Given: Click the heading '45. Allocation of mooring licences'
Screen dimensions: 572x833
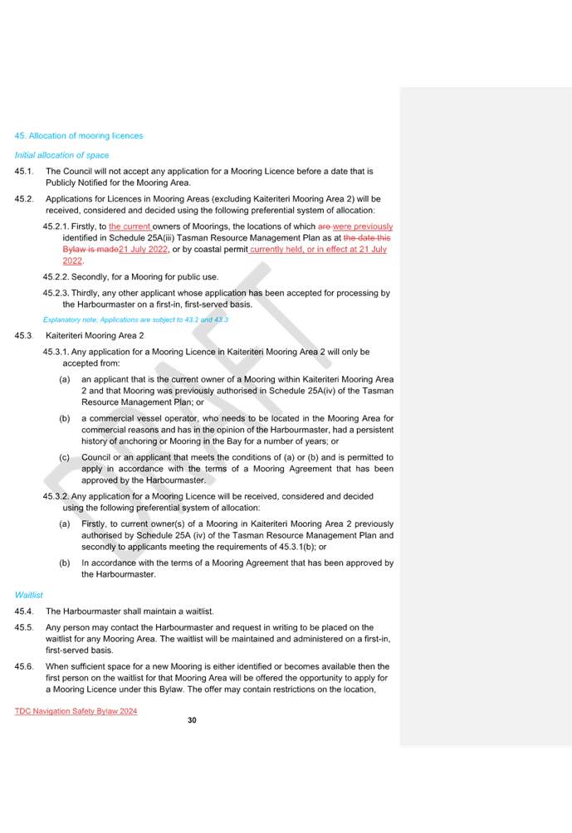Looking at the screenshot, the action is [79, 136].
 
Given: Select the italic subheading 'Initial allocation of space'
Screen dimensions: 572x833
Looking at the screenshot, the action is [61, 155].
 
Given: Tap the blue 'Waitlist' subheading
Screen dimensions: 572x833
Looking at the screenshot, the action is [29, 595].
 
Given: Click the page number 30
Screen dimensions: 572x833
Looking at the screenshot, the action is [192, 720].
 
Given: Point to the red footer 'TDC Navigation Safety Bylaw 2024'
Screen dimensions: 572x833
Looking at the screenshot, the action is [76, 711].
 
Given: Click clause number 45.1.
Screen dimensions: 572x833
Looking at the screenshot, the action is [24, 171].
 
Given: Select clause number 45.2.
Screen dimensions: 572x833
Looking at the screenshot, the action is [24, 198].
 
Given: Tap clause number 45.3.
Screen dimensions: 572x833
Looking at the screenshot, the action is [24, 335].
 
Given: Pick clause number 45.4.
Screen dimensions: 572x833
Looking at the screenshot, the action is [24, 611].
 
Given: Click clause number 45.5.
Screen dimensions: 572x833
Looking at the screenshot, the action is [24, 627].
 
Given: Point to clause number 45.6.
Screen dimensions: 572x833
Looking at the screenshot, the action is [24, 666].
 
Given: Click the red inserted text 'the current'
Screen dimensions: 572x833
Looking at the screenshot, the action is [130, 227].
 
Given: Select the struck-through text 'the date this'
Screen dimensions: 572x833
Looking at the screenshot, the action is [367, 238].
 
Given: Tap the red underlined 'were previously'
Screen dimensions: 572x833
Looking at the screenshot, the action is [363, 227].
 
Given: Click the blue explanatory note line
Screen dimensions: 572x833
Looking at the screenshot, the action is [135, 319].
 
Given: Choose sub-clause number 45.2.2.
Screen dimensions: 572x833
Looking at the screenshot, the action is [56, 277].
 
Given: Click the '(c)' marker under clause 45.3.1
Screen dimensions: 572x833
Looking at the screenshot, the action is [64, 457].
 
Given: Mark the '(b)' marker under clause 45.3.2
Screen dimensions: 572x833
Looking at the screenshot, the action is [64, 563].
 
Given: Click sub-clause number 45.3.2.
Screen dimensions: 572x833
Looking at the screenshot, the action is [56, 496].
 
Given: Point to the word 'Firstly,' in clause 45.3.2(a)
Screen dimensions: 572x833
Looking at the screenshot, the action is [94, 524].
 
